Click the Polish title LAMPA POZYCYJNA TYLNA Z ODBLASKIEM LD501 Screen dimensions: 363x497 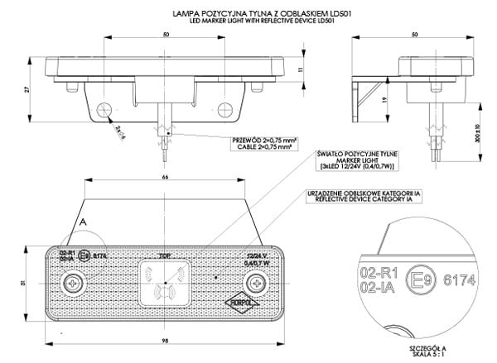tap(248, 14)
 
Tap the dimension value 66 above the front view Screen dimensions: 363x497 tap(165, 176)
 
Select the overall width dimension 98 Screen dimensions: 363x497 tap(165, 341)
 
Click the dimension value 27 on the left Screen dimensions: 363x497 tap(27, 88)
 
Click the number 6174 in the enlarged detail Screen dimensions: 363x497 tap(461, 281)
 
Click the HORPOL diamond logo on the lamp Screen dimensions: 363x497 tap(244, 303)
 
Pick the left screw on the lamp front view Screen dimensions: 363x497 tap(75, 283)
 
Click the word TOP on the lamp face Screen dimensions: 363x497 tap(165, 256)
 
